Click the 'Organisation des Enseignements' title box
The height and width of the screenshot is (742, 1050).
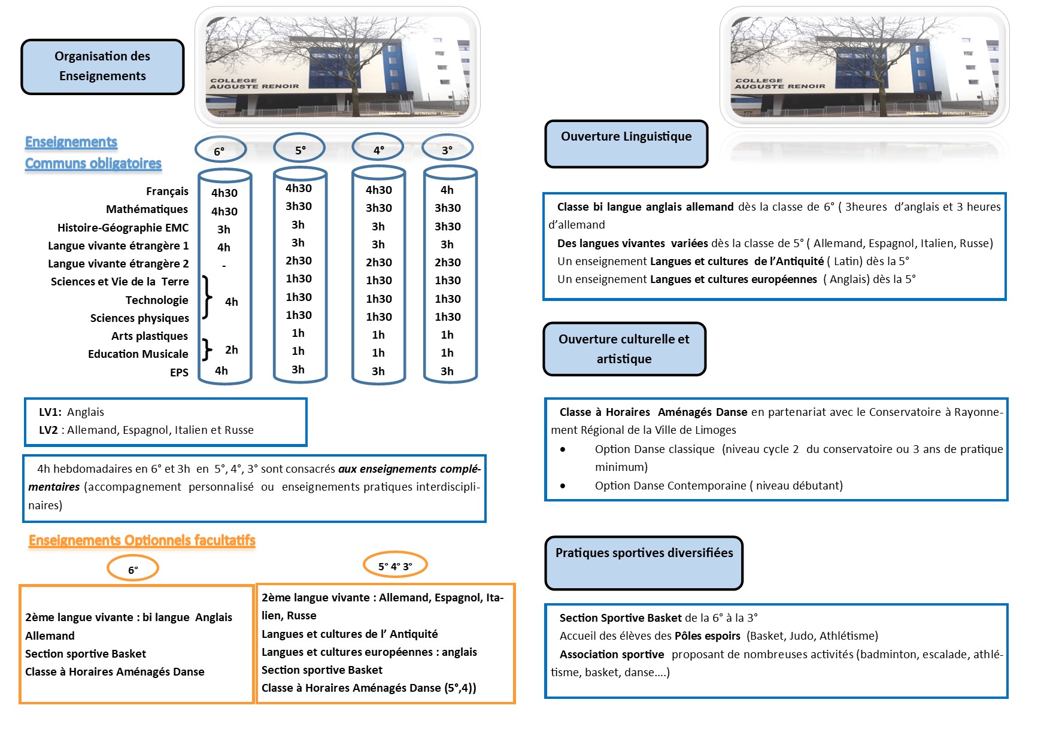(x=102, y=66)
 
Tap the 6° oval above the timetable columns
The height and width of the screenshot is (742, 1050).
(x=220, y=150)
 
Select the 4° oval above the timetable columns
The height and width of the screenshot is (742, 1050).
(x=378, y=149)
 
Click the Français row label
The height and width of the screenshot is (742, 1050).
(x=167, y=191)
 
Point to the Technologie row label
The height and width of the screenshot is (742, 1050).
(x=157, y=300)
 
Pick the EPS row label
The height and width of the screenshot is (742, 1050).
(x=179, y=373)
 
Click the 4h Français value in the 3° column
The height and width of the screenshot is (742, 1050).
(x=447, y=190)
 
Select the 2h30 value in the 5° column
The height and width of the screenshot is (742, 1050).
(x=298, y=261)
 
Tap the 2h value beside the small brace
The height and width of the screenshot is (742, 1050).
(x=232, y=350)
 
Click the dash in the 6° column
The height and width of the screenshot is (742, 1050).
(x=224, y=265)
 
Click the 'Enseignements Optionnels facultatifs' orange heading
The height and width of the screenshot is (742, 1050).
(x=142, y=541)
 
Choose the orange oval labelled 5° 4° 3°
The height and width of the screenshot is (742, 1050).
(x=395, y=565)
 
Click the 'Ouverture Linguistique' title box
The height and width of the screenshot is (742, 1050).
(x=626, y=143)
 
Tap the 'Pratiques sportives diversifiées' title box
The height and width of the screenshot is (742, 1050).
(x=644, y=562)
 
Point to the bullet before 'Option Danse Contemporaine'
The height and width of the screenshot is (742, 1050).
(x=563, y=486)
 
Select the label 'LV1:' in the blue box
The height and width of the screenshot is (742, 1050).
(x=50, y=412)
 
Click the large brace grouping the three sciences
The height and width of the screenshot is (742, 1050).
(x=207, y=297)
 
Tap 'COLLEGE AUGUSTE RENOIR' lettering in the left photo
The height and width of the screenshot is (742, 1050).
(x=254, y=83)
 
